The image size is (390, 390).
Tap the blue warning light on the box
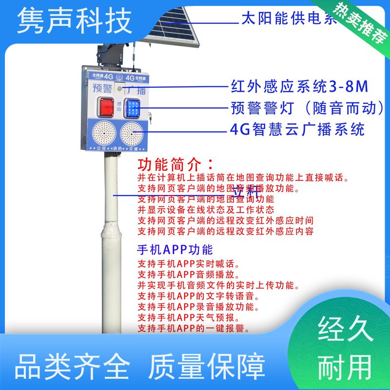[x=132, y=107]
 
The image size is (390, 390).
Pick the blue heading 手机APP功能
[x=175, y=250]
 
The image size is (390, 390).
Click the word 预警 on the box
[x=101, y=89]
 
